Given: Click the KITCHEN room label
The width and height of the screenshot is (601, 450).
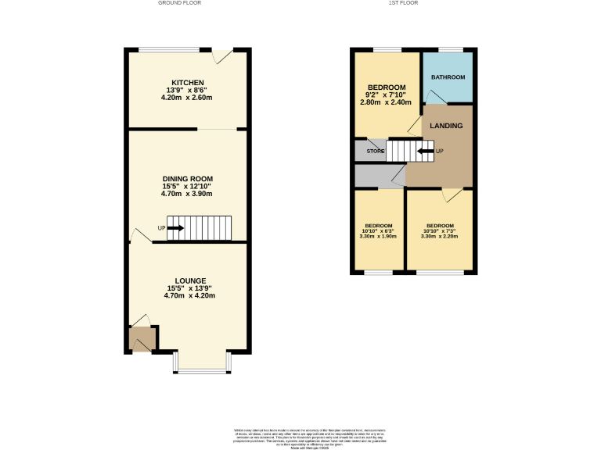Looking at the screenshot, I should [188, 83].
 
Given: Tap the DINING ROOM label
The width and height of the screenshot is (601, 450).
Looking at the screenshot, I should [188, 179].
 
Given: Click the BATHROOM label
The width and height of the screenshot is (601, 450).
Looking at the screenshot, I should [448, 77].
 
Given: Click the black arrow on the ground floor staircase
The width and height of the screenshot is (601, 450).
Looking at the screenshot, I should [175, 228].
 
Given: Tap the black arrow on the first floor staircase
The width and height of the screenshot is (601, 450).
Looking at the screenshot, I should [426, 151].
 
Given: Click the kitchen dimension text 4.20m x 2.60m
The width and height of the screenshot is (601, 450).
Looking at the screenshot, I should [188, 98].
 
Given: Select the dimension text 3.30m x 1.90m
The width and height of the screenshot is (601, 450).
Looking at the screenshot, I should [378, 236].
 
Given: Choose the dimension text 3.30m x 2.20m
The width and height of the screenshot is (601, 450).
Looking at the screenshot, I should [439, 236].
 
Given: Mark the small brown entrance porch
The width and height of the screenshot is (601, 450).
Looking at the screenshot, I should [142, 340].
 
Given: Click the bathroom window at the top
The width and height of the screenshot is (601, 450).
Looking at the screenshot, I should [448, 51].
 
